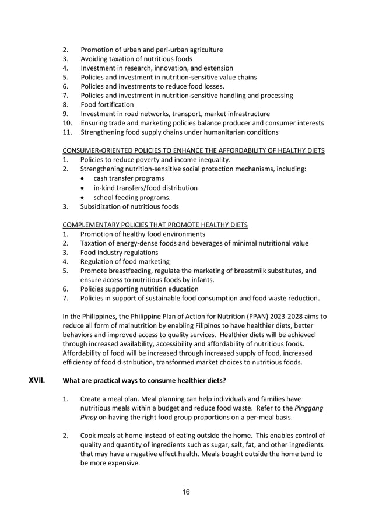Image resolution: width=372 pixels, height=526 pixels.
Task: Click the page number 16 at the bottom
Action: tap(185, 492)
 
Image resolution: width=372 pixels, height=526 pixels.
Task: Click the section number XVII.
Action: tap(37, 382)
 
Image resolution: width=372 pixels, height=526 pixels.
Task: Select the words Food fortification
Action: tap(107, 104)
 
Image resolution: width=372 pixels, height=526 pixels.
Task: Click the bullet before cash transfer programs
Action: tap(86, 178)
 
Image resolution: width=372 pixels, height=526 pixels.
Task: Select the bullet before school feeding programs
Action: tap(86, 197)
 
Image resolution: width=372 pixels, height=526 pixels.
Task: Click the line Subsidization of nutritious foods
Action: tap(129, 206)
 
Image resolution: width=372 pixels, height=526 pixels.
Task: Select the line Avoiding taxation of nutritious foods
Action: tap(136, 59)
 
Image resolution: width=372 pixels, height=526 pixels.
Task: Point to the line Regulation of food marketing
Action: tap(125, 261)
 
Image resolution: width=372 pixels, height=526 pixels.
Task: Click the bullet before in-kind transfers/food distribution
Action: tap(86, 188)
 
